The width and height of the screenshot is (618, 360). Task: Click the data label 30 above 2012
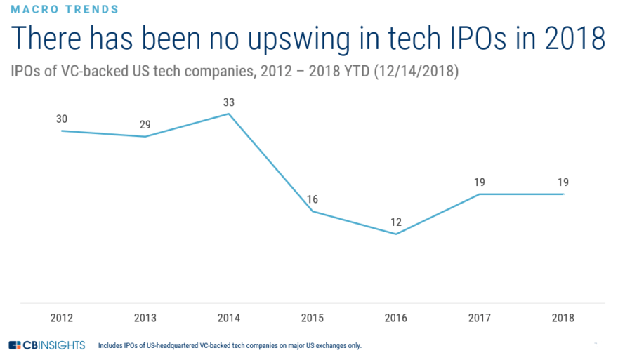pos(62,119)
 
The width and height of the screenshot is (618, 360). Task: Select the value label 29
pos(145,124)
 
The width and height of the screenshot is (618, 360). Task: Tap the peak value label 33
pos(228,102)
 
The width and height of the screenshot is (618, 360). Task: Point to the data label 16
pos(312,199)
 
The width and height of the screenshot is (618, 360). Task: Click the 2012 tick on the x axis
pos(62,318)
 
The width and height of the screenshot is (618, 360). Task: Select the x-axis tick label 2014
pos(228,318)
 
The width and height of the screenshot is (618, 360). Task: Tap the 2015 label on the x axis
pos(312,318)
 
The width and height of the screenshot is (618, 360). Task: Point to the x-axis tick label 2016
pos(395,318)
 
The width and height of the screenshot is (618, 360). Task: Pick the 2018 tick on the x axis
pos(563,318)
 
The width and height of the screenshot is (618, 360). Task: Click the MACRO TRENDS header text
pos(65,9)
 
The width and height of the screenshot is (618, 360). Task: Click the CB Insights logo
pos(47,345)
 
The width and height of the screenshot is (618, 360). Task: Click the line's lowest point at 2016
pos(395,234)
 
